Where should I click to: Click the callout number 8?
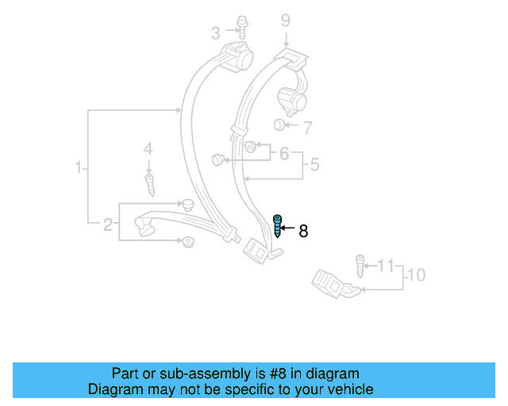click(302, 232)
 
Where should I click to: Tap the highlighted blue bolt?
click(278, 227)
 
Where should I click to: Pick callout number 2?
click(108, 225)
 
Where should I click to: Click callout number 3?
click(215, 33)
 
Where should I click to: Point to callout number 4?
click(147, 149)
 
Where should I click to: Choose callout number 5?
click(314, 165)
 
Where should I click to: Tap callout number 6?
click(283, 154)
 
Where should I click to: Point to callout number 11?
click(386, 264)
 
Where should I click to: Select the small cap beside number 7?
click(279, 125)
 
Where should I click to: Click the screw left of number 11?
click(360, 265)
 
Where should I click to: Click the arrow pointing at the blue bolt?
click(289, 228)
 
